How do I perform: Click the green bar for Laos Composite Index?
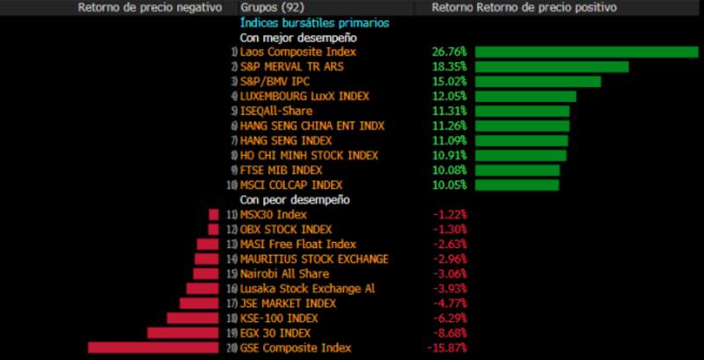586,52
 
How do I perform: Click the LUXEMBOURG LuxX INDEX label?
304,96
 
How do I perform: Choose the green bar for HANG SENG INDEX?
522,140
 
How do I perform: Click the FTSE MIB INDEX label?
281,170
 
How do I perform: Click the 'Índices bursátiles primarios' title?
314,23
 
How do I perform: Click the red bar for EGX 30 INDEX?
182,333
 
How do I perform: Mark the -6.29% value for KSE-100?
449,318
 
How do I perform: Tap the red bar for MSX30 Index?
213,215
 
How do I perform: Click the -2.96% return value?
449,259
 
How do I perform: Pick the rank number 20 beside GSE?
231,348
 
